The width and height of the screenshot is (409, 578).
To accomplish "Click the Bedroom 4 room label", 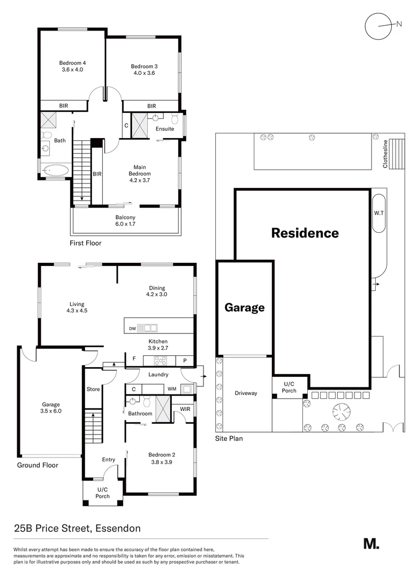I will click(72, 63).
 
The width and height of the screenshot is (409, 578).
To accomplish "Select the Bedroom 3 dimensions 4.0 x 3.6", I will click(144, 73).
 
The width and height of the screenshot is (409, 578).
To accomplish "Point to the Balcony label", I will click(125, 217).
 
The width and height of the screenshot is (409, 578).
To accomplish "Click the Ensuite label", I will click(165, 129).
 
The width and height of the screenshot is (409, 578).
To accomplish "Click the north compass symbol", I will click(379, 25).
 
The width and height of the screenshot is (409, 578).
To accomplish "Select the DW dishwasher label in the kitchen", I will click(132, 328).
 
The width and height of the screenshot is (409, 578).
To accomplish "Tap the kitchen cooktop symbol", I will click(161, 361).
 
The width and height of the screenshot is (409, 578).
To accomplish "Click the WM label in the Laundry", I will click(172, 389).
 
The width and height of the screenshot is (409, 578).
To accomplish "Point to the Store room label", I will click(93, 389).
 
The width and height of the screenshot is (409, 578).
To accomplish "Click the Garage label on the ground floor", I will click(51, 405).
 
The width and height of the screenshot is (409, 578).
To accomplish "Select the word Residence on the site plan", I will click(305, 233).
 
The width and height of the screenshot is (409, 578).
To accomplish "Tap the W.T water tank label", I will click(378, 213).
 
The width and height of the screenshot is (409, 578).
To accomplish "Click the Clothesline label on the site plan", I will click(385, 154).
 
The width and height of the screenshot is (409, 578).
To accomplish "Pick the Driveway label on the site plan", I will click(246, 393).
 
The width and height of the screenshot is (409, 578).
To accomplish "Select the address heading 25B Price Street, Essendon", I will click(77, 529).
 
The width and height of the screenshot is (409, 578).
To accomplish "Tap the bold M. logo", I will click(371, 543).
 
